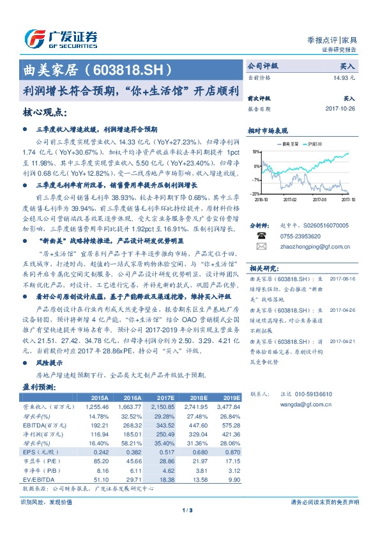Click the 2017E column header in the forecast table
(165, 397)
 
